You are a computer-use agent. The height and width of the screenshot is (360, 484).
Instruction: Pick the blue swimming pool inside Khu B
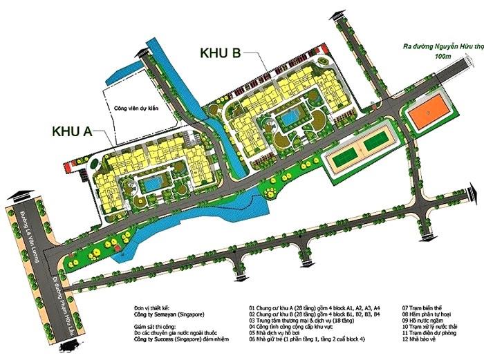point(286,122)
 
